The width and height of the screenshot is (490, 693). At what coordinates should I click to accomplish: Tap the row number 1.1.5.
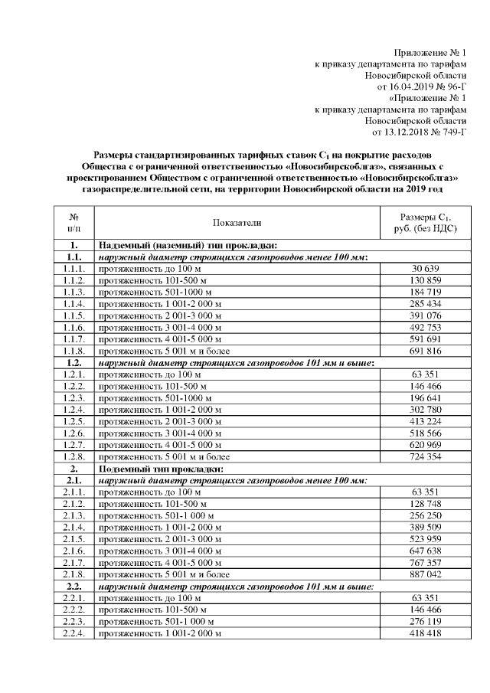[73, 315]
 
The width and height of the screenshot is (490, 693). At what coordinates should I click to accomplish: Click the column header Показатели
[237, 222]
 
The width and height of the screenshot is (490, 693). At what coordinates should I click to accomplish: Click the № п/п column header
[73, 222]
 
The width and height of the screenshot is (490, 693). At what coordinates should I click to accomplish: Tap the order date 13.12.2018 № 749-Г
[418, 132]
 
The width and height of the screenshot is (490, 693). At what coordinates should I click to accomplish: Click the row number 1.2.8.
[73, 456]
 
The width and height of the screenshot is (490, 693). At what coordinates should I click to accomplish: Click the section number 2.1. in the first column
[73, 479]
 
